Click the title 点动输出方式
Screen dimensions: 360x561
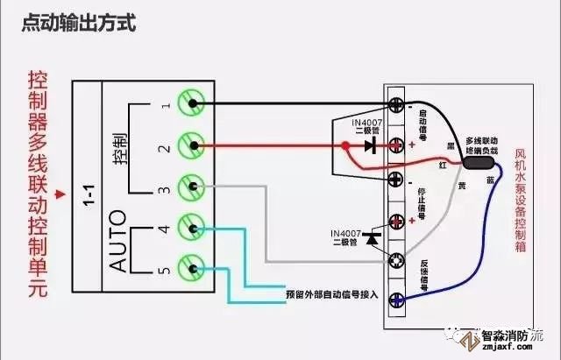79,25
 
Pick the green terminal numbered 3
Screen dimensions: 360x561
191,187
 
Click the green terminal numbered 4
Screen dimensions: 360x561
191,228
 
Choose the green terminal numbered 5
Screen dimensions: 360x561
191,267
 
